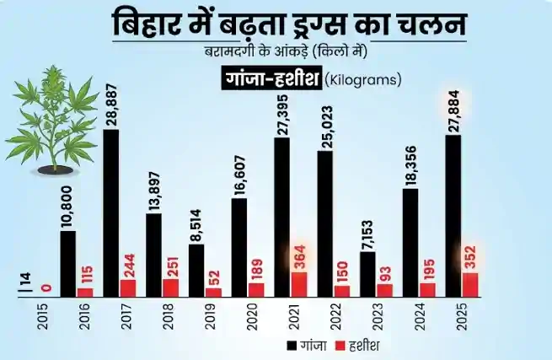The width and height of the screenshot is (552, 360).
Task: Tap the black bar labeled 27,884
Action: click(x=453, y=216)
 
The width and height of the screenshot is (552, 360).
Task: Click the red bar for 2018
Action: click(x=170, y=287)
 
